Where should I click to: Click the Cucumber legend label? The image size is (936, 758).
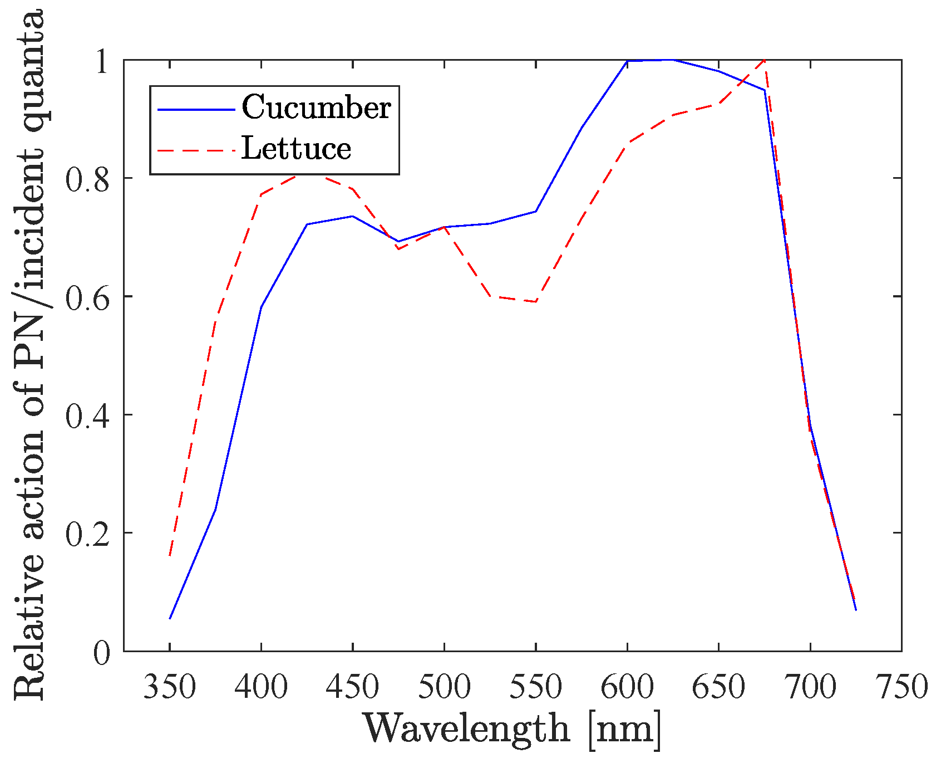316,107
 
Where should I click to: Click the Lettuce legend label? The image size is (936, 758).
296,149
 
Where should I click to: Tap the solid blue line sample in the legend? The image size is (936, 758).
195,109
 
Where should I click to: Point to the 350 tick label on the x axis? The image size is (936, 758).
170,687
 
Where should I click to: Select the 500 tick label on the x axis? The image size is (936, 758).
444,687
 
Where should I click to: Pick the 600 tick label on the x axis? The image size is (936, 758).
627,687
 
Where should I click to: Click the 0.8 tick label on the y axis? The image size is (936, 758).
88,179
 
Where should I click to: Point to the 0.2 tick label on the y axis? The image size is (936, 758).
88,534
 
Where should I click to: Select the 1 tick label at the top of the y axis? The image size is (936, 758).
102,61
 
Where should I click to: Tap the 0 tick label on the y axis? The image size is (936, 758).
101,652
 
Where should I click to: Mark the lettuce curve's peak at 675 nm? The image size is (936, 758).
765,60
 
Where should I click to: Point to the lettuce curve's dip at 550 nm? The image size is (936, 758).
535,301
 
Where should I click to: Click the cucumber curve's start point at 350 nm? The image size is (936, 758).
170,618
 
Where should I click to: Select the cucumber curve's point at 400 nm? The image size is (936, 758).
261,307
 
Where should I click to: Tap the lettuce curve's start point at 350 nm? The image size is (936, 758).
170,556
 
